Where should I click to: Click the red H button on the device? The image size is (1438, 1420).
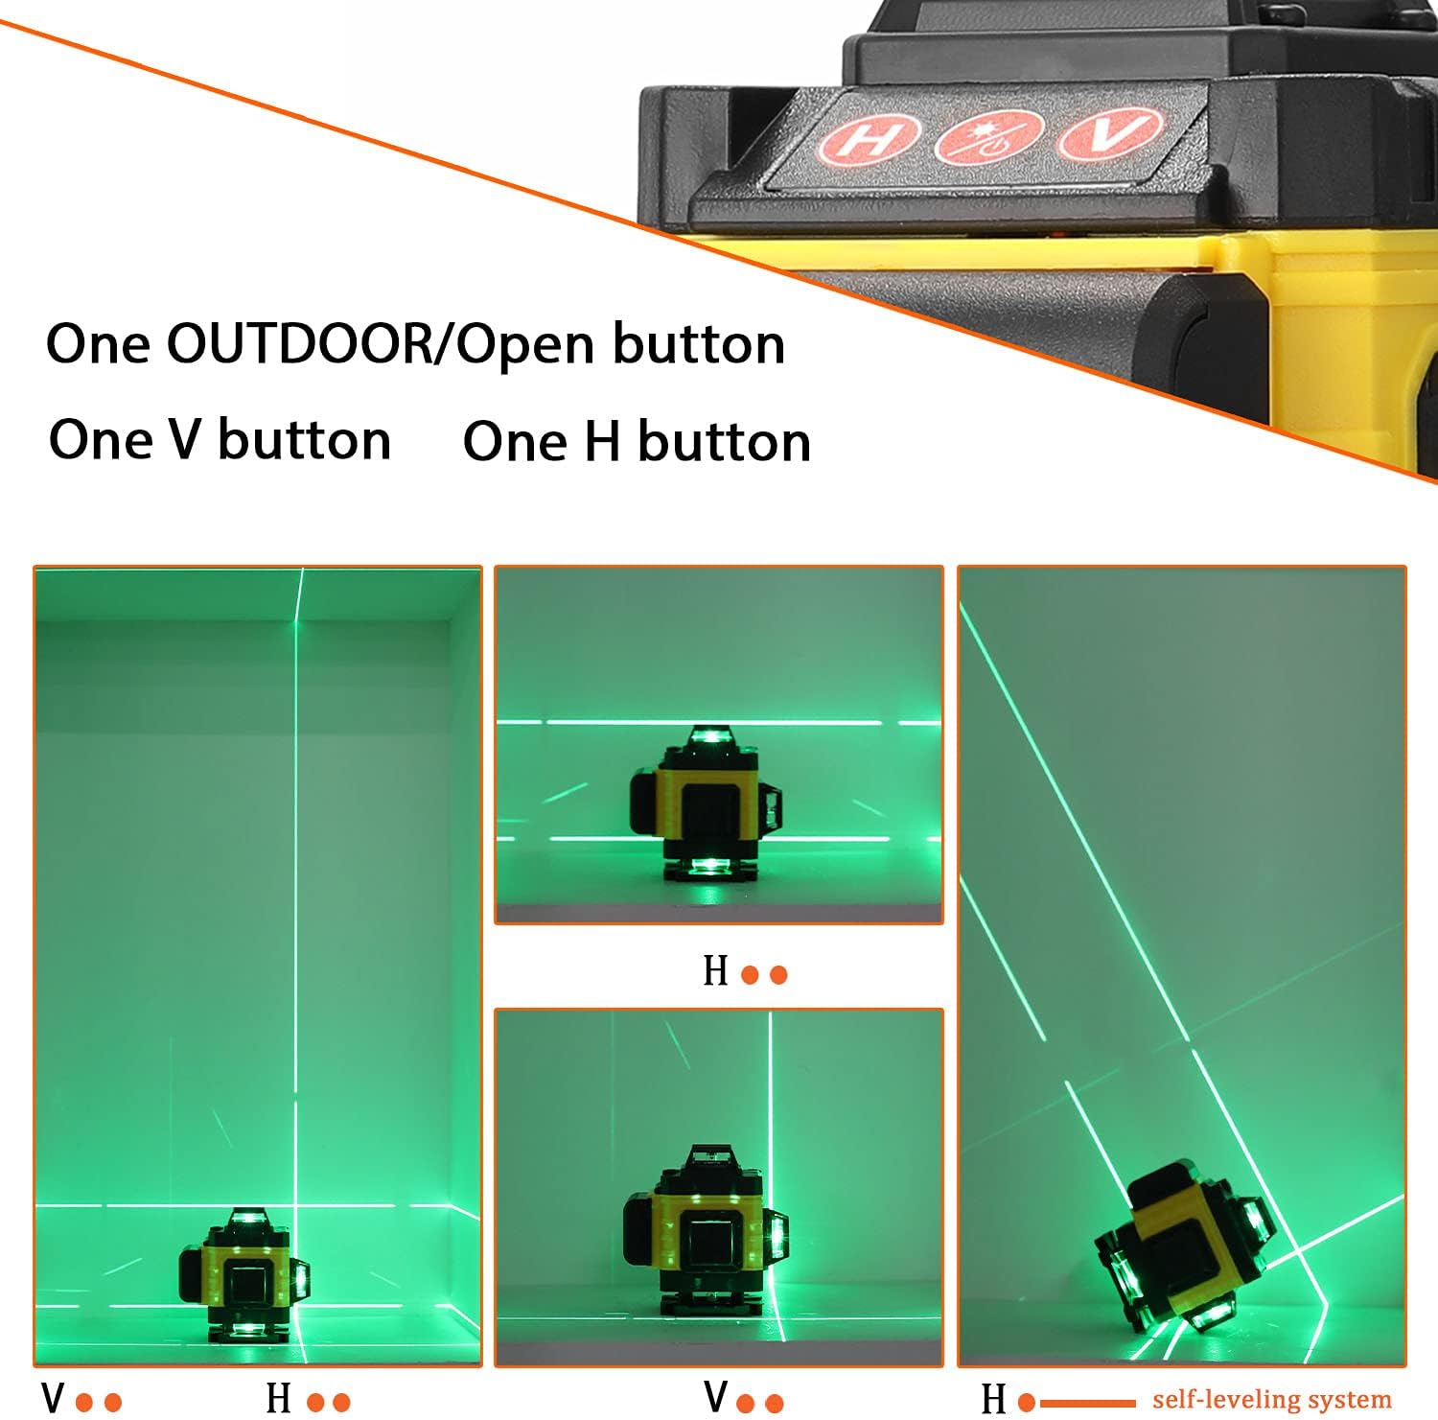tap(868, 139)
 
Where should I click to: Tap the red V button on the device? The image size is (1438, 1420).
tap(1111, 133)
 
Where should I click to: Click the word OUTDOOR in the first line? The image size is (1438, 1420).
tap(299, 343)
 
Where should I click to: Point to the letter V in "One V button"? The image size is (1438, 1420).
tap(184, 440)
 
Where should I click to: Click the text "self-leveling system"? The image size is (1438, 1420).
tap(1271, 1400)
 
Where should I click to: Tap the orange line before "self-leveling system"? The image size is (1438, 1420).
tap(1086, 1403)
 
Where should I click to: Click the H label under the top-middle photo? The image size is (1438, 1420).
tap(715, 971)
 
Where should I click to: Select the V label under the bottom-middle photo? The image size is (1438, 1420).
tap(715, 1396)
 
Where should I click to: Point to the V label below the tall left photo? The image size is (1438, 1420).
tap(53, 1398)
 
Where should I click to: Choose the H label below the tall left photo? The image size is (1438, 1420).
tap(278, 1398)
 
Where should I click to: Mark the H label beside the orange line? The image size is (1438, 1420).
tap(994, 1400)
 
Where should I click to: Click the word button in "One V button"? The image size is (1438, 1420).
tap(305, 440)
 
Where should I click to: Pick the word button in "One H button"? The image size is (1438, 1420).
tap(724, 442)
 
